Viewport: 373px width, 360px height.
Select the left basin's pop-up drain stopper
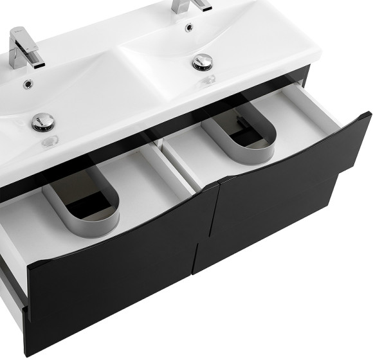coord(42,122)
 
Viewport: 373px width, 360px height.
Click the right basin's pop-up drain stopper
coord(203,62)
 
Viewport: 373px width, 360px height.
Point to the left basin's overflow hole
coord(28,84)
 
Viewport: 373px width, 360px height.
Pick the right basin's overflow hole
coord(189,27)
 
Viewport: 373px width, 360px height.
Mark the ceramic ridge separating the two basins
coord(122,45)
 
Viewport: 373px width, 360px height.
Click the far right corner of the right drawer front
coord(368,116)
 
